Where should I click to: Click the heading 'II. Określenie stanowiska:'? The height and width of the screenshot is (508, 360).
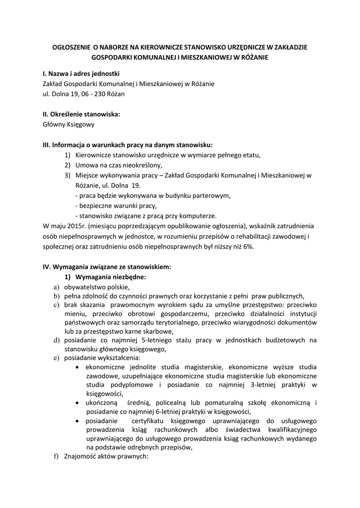[x=81, y=114]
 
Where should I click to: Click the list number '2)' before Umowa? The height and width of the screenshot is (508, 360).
[x=68, y=165]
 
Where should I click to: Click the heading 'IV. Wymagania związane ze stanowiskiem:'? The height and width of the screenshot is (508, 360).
[x=107, y=267]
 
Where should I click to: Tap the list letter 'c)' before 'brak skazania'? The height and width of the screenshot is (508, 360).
[x=56, y=305]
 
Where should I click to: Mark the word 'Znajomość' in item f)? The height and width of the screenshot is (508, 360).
[x=80, y=456]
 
